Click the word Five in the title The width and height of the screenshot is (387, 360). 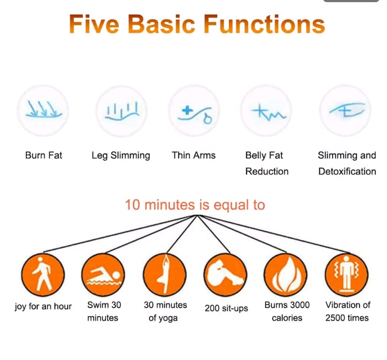point(94,24)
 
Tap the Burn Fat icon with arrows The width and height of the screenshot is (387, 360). point(43,111)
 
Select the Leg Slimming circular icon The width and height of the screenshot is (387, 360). point(121,111)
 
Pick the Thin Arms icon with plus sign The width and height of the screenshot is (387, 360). point(194,111)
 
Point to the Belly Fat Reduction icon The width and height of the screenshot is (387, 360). point(266,111)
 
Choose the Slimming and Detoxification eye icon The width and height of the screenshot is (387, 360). point(346,111)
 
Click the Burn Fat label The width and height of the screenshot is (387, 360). point(44,156)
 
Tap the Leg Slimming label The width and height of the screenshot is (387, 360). point(121,156)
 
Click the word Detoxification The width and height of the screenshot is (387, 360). point(347,172)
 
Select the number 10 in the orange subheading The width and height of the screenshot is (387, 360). point(133,205)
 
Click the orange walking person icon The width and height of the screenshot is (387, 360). point(43,275)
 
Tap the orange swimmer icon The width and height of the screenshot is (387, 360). point(103,275)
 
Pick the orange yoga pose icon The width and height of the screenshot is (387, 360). point(165,275)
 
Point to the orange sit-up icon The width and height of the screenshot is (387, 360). point(226,275)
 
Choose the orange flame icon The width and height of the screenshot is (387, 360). point(286,275)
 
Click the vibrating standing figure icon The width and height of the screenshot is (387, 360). point(347,275)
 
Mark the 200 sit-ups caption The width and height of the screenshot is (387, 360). point(226,308)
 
